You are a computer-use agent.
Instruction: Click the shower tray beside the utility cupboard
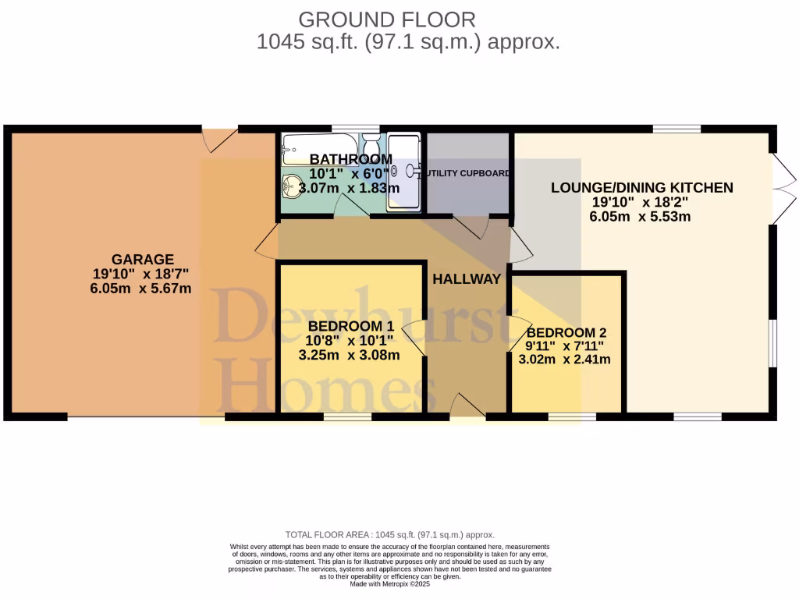tap(404, 172)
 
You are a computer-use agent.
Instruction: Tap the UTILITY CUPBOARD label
tap(467, 173)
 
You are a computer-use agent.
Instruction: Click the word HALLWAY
tap(467, 279)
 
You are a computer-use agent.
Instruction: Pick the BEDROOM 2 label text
tap(565, 330)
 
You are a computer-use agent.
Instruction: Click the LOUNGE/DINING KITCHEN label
tap(641, 187)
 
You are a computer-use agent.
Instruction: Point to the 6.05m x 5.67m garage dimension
tap(141, 289)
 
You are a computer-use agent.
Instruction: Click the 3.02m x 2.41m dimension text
tap(565, 360)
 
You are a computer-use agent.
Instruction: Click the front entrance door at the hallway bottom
tap(467, 406)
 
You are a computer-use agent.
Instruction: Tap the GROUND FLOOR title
tap(387, 19)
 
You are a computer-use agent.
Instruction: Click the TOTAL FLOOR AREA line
tap(390, 534)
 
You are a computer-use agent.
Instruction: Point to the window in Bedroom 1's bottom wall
tap(347, 417)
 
